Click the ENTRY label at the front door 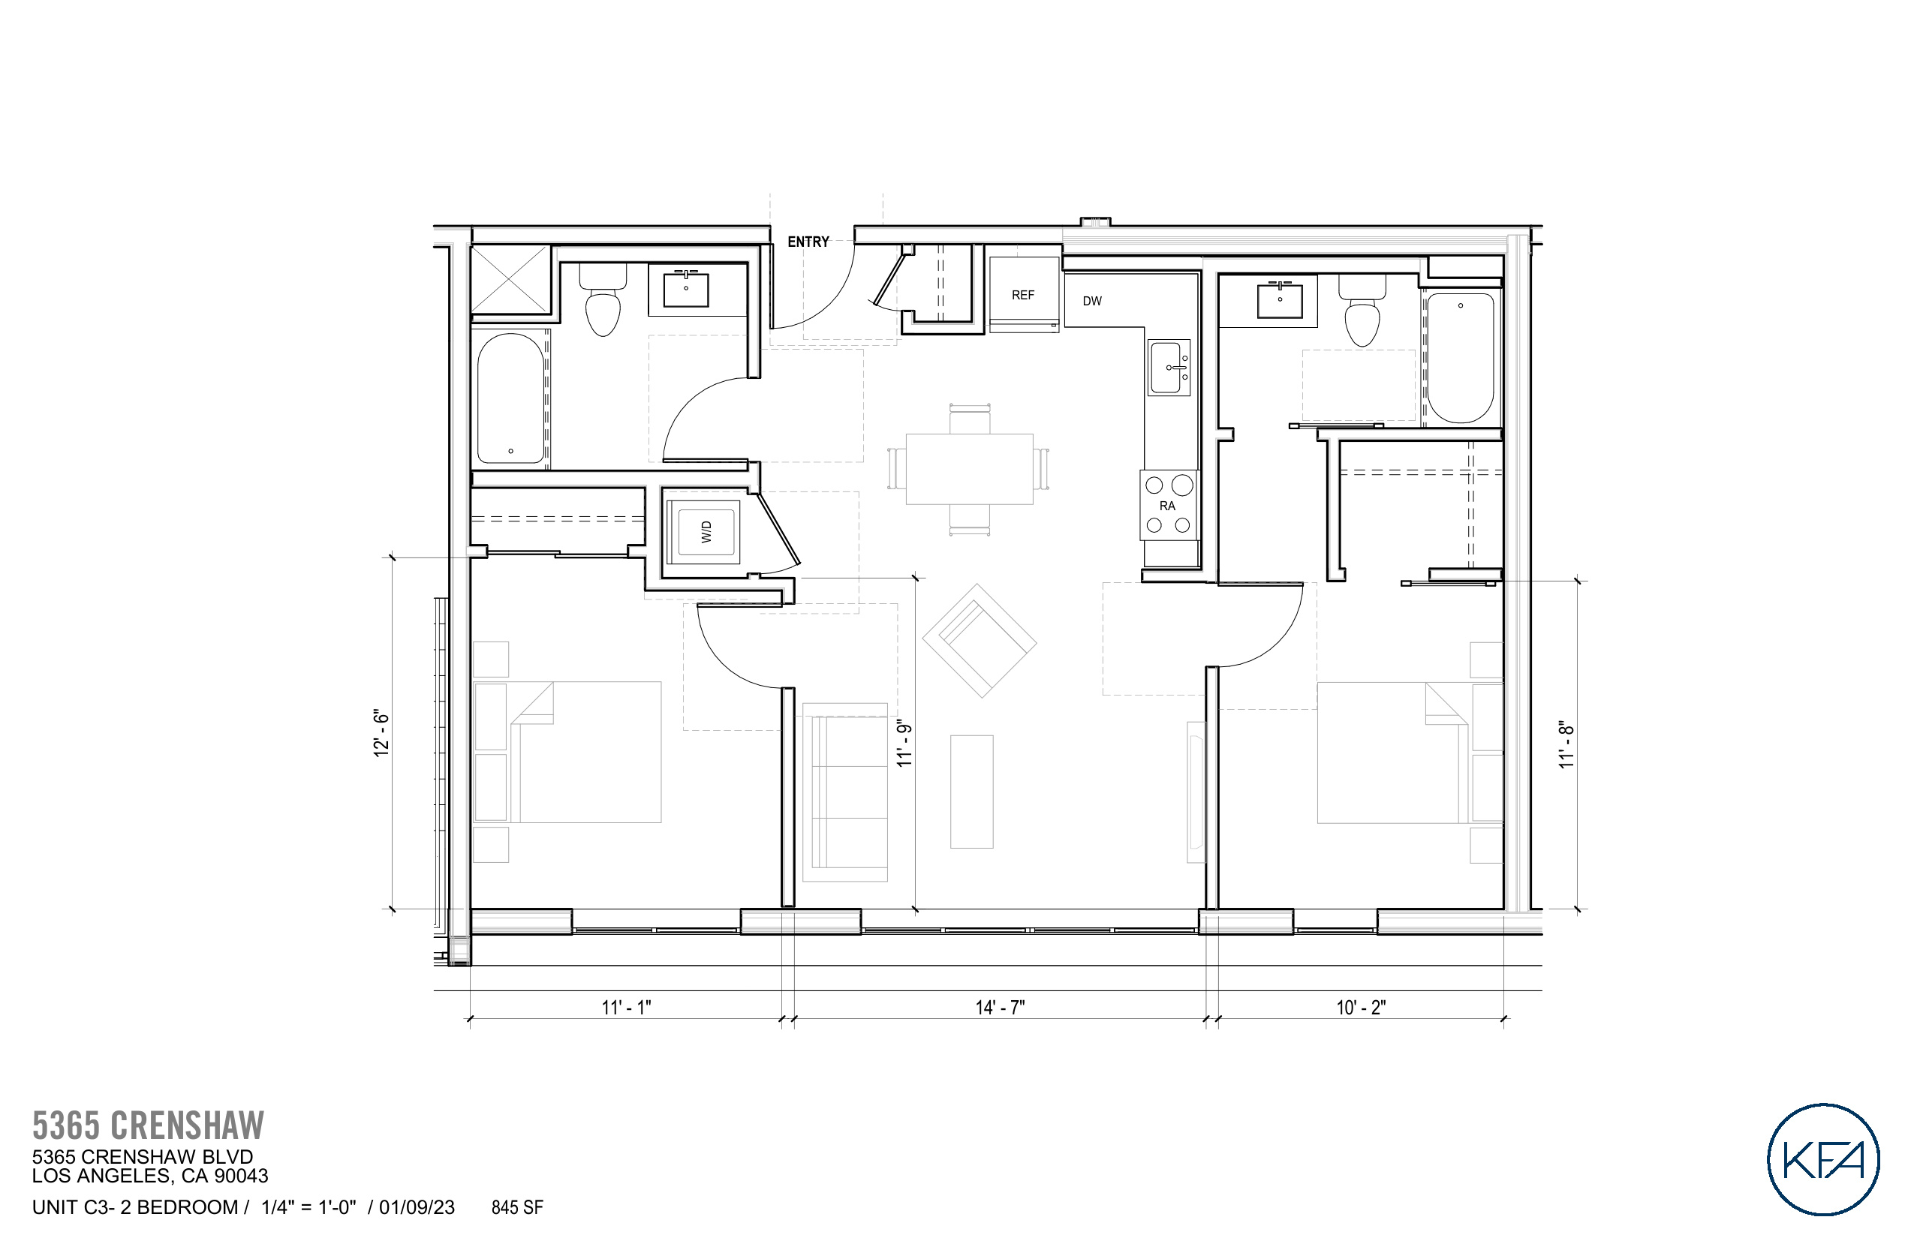808,242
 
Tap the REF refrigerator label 1022,295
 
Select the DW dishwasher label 1091,302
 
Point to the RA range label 1167,506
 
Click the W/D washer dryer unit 706,531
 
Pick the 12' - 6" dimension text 381,733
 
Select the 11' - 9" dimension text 904,744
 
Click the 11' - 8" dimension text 1566,745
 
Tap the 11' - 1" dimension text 626,1007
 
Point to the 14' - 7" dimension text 1000,1007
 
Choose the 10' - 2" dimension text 1361,1007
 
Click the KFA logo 1822,1159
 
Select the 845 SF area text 517,1207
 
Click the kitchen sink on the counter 1169,368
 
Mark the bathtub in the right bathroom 1461,357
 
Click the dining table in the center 969,470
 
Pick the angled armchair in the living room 979,641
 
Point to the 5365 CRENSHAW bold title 148,1125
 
